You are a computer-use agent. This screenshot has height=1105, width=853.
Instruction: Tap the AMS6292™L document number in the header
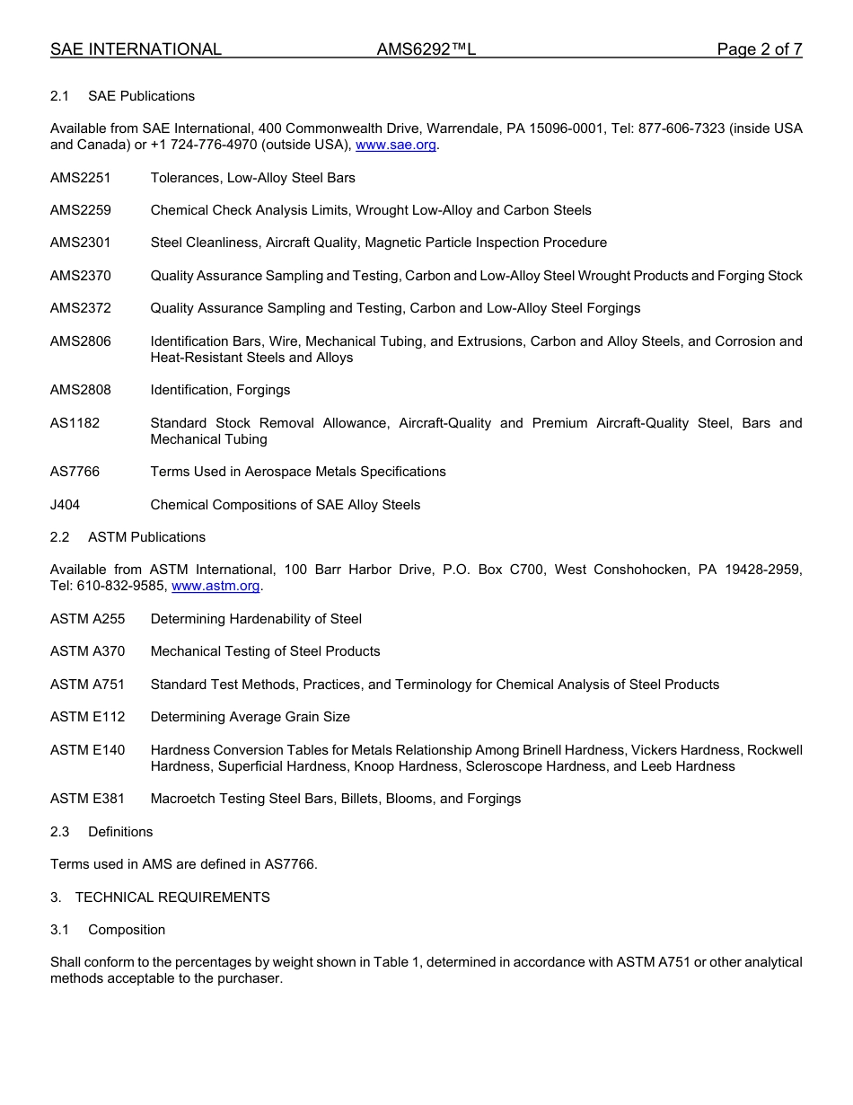[x=426, y=49]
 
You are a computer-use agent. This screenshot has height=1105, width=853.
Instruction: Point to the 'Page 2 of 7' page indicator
[x=759, y=49]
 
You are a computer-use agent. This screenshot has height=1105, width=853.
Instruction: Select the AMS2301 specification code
[x=81, y=243]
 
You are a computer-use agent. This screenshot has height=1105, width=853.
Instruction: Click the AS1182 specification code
[x=75, y=423]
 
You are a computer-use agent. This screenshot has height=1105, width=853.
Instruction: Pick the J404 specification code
[x=65, y=505]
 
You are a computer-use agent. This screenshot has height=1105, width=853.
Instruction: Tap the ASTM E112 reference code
[x=87, y=717]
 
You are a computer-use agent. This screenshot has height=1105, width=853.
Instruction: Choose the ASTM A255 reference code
[x=87, y=619]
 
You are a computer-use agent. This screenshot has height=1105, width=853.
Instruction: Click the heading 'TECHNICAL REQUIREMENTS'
[x=172, y=897]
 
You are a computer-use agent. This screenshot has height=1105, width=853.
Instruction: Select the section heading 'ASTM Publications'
[x=146, y=537]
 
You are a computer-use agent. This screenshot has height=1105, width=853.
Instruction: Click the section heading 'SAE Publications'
[x=141, y=96]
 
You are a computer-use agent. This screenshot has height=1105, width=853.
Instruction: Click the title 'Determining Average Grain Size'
[x=250, y=717]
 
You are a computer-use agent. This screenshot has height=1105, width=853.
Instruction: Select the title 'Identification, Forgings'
[x=220, y=390]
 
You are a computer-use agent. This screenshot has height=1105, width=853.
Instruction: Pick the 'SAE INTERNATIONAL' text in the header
[x=136, y=49]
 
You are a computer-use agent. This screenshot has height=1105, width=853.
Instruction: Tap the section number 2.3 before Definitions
[x=59, y=832]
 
